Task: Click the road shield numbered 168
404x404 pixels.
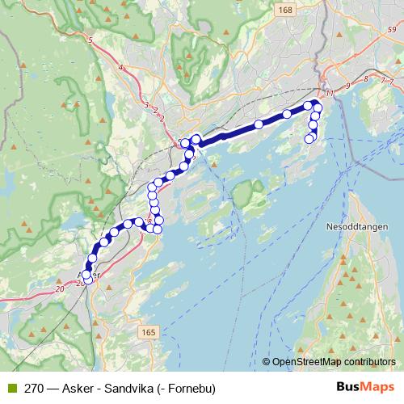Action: (x=284, y=10)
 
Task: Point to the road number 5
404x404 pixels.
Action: (x=90, y=40)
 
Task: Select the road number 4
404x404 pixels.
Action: (x=120, y=68)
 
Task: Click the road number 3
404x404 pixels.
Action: (x=146, y=105)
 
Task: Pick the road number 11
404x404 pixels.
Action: (x=330, y=93)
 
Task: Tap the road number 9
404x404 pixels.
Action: (x=347, y=85)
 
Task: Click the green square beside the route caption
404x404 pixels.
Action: (x=11, y=388)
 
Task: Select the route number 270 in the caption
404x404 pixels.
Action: (x=34, y=388)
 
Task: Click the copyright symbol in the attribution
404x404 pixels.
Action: (x=267, y=361)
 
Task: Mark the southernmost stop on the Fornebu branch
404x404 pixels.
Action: (x=309, y=139)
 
